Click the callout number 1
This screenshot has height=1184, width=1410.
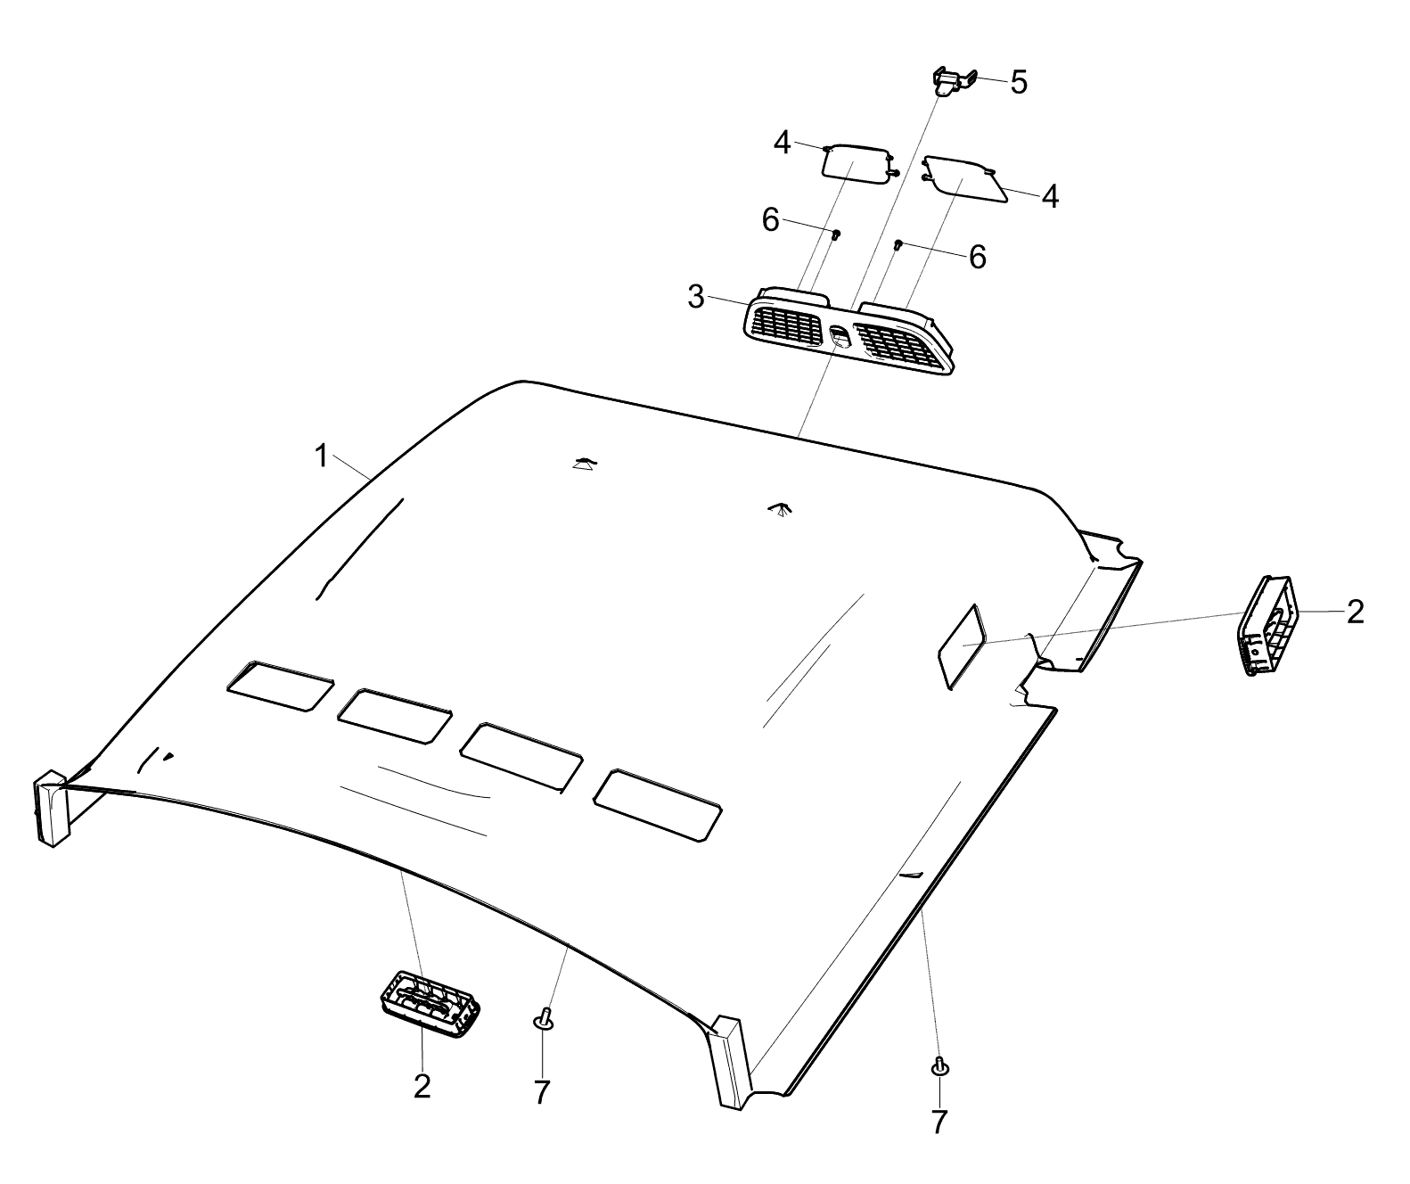(322, 456)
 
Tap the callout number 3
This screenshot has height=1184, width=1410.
(695, 297)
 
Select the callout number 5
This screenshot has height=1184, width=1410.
(1019, 82)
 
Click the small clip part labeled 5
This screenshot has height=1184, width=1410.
(955, 82)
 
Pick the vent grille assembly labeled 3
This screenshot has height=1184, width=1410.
(848, 330)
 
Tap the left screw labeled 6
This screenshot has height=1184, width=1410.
(837, 234)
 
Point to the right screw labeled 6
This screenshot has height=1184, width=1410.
(898, 244)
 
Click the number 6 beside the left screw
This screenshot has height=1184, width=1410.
(770, 220)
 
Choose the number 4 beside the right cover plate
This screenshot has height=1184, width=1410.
(1050, 197)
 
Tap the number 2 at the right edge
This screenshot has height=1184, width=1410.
(1356, 612)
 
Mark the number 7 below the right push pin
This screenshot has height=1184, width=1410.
(939, 1122)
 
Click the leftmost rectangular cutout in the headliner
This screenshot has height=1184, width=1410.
(281, 686)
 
